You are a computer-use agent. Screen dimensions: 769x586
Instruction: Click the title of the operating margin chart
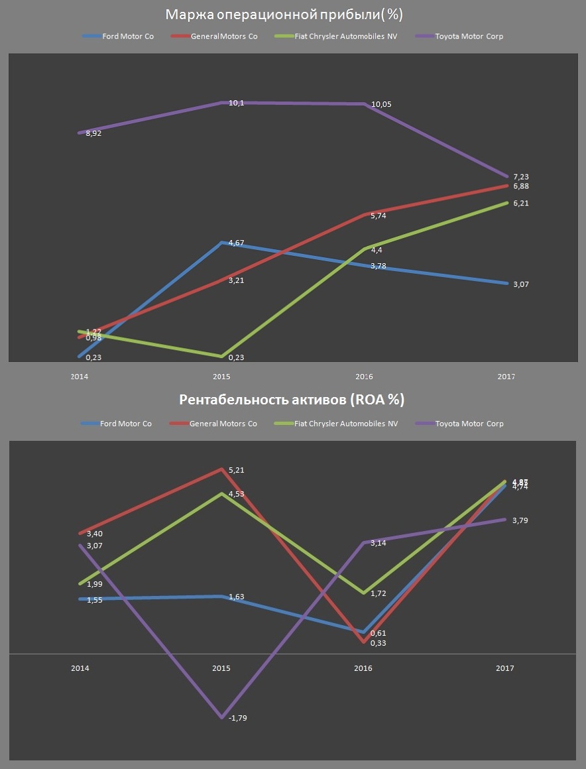click(x=284, y=14)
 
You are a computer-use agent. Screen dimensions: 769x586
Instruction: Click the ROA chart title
click(x=292, y=400)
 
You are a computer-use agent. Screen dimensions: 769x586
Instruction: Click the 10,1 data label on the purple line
click(x=236, y=103)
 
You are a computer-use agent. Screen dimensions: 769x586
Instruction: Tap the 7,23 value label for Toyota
click(x=521, y=177)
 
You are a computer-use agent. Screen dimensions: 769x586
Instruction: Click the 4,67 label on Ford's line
click(x=236, y=243)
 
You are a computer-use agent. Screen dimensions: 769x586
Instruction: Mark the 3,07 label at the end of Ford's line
click(x=521, y=284)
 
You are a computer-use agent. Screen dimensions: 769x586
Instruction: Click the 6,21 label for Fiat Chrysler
click(x=521, y=204)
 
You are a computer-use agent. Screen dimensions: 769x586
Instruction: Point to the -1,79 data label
click(x=236, y=718)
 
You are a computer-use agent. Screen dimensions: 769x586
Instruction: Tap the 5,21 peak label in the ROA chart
click(x=237, y=471)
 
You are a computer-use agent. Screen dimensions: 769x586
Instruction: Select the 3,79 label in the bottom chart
click(x=521, y=520)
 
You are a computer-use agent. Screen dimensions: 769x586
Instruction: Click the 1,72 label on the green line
click(x=379, y=593)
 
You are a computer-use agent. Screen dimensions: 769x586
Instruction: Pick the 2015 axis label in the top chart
click(x=222, y=377)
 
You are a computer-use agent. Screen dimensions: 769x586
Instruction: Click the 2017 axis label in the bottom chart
click(x=505, y=668)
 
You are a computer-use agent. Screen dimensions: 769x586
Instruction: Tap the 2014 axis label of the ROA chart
click(x=80, y=668)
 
